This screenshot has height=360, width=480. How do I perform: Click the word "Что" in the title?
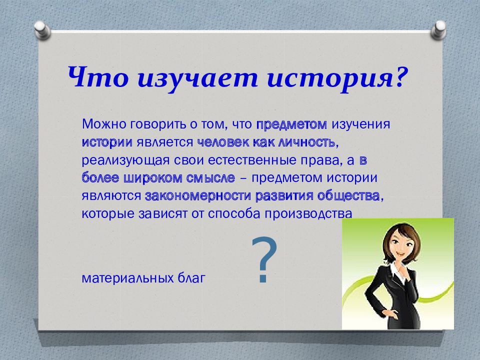point(98,77)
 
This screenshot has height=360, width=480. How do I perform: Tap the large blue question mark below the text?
point(264,259)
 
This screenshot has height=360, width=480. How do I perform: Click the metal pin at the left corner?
point(42,29)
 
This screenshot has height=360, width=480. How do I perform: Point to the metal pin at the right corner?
point(438,29)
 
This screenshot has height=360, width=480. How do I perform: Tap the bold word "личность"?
point(306,142)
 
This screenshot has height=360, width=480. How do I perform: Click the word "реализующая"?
point(125,161)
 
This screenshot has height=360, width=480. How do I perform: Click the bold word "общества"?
point(348,196)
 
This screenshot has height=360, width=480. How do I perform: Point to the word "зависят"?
point(162,214)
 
